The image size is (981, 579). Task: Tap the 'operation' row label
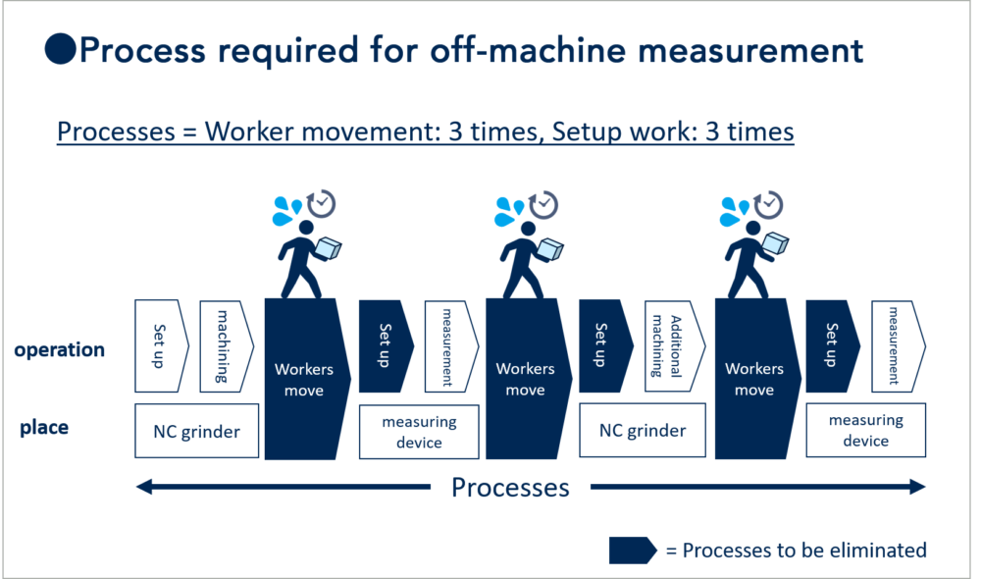(x=59, y=349)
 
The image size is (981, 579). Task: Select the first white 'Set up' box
(x=160, y=346)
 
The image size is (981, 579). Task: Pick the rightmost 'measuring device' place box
(x=865, y=431)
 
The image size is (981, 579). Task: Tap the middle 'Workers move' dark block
(x=525, y=379)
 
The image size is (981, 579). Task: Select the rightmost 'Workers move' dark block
(x=753, y=379)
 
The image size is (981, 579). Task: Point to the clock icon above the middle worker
(x=543, y=204)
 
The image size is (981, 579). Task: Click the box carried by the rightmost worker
(x=776, y=243)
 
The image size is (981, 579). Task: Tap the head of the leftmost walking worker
(x=306, y=229)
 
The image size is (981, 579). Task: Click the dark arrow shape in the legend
(x=631, y=550)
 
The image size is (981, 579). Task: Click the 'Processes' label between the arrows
(x=510, y=487)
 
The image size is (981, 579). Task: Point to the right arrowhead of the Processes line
(x=917, y=487)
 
